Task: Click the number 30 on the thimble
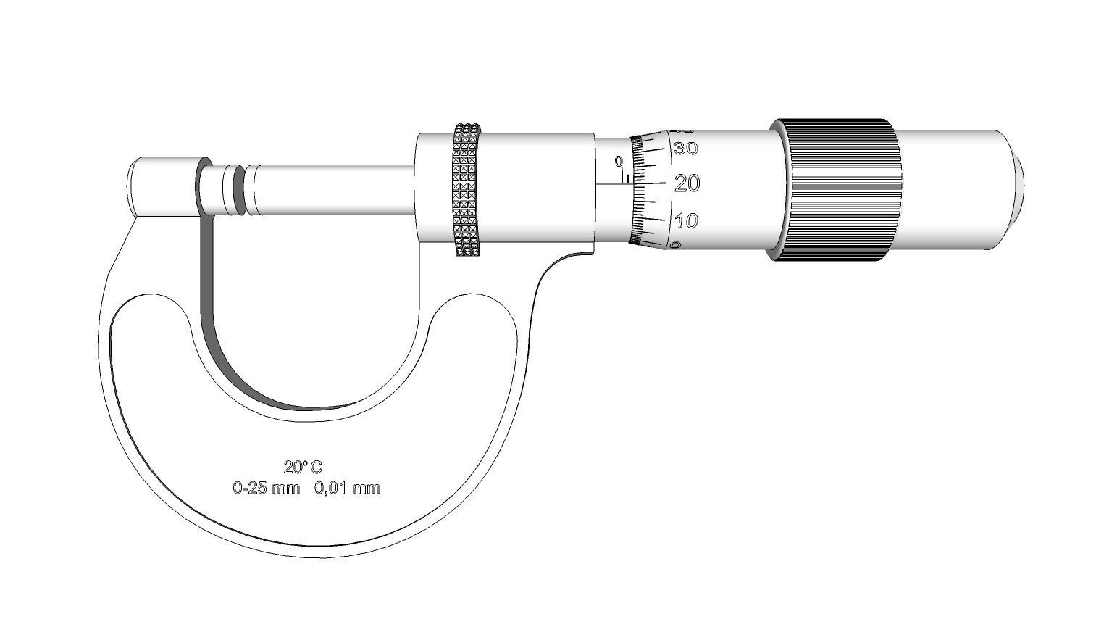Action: (x=685, y=149)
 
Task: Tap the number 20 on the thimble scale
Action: (x=687, y=184)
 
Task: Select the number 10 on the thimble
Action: (x=686, y=220)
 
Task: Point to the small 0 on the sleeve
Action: (x=618, y=161)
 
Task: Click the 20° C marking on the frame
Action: (x=303, y=467)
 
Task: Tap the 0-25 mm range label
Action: (x=266, y=488)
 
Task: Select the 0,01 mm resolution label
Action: (x=347, y=488)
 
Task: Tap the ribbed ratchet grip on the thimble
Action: (x=840, y=190)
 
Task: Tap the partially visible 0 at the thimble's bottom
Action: (x=676, y=246)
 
